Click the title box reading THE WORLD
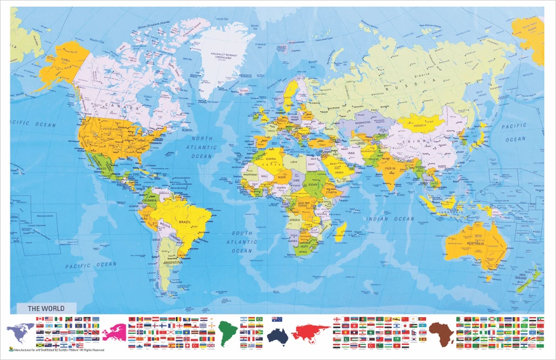(41, 308)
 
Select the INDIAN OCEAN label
(390, 219)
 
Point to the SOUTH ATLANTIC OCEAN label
(242, 242)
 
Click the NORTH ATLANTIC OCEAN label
(202, 148)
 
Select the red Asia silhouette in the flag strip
(310, 332)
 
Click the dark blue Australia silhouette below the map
(278, 333)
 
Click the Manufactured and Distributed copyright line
(58, 350)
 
